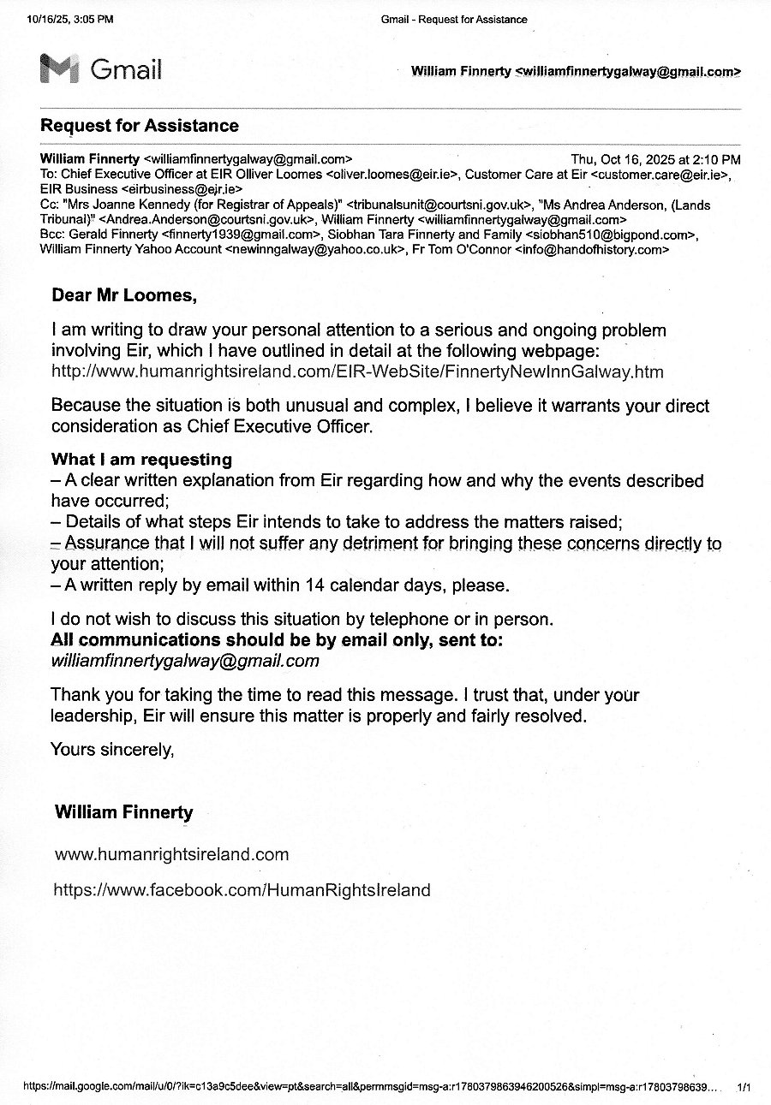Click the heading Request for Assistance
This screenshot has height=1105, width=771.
[140, 126]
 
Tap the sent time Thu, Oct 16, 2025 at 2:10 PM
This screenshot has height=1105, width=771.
[655, 159]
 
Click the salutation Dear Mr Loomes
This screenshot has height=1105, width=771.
[124, 296]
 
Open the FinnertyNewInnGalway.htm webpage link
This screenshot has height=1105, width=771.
[357, 371]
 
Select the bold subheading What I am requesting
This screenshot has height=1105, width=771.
[141, 460]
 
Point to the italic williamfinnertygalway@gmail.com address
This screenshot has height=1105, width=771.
[185, 661]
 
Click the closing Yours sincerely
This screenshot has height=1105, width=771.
[112, 749]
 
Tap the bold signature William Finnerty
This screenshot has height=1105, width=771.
[124, 812]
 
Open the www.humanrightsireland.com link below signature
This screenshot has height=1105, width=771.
[171, 854]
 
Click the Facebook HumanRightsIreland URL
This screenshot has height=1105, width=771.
[242, 890]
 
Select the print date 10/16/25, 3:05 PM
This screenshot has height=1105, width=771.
[69, 20]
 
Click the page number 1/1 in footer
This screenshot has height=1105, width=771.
[744, 1087]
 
